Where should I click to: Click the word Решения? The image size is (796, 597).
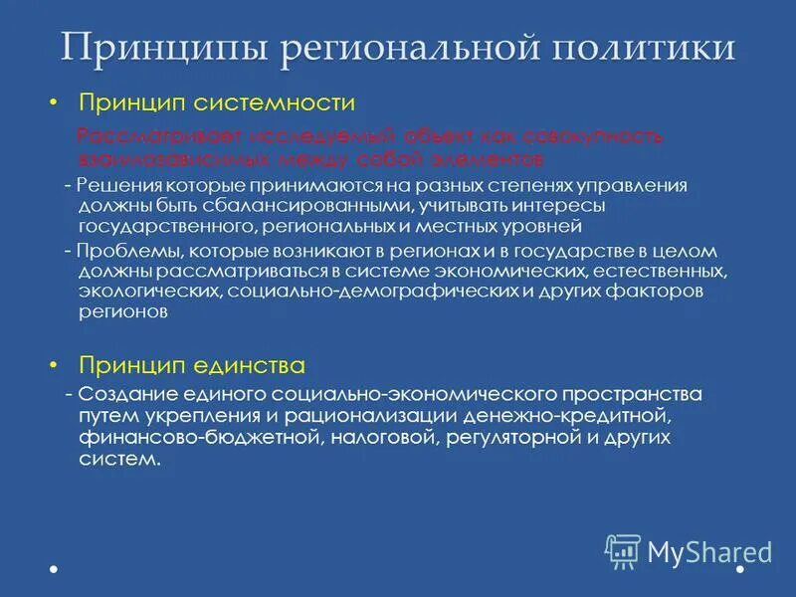point(111,186)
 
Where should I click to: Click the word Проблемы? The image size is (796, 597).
point(120,252)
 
